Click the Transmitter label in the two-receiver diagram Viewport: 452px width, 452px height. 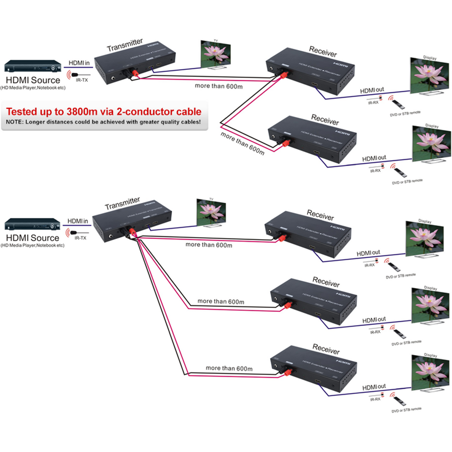(125, 44)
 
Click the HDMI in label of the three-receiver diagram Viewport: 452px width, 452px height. (78, 221)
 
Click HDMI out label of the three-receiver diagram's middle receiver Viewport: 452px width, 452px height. (374, 319)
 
